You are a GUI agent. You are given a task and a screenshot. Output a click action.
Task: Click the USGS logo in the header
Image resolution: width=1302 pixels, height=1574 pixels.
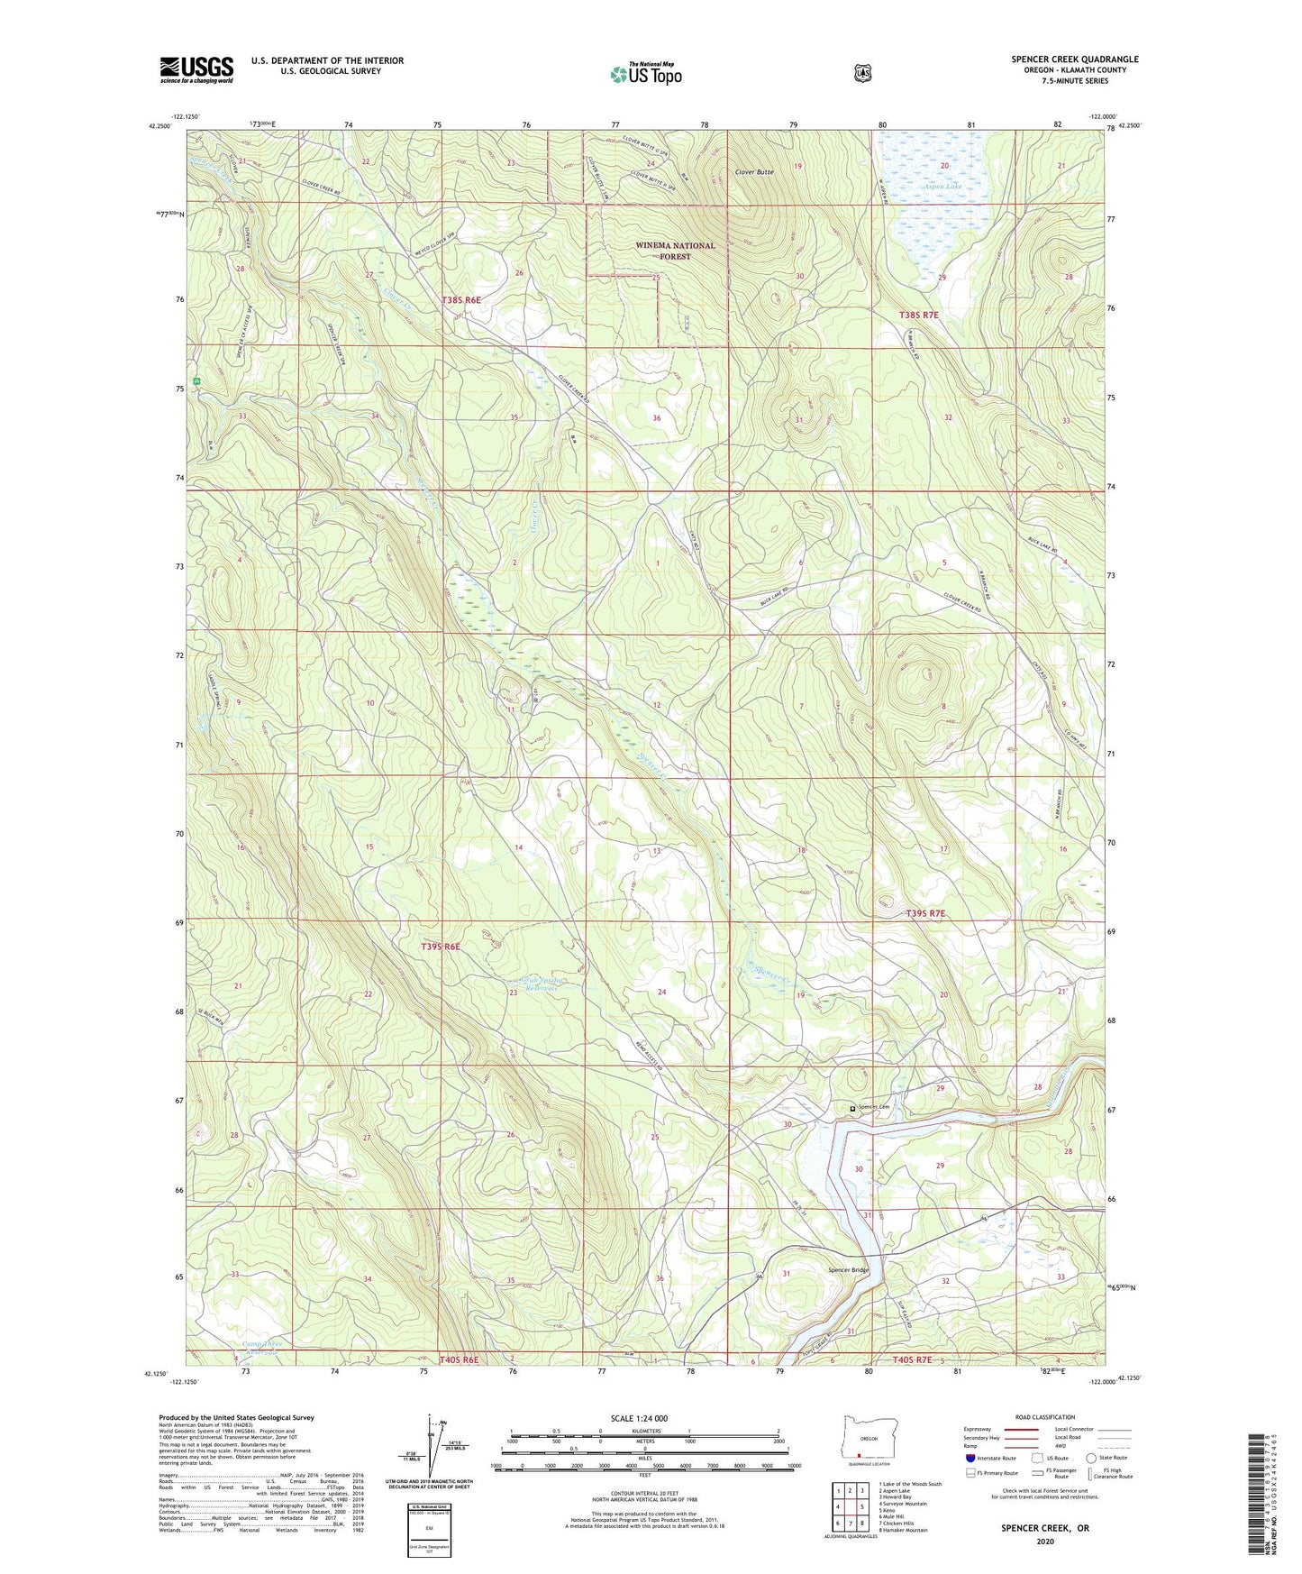[196, 69]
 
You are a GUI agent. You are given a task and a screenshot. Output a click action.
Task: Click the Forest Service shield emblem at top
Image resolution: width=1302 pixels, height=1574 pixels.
[862, 73]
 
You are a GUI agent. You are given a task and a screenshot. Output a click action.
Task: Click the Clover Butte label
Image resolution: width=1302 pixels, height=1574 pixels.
[753, 171]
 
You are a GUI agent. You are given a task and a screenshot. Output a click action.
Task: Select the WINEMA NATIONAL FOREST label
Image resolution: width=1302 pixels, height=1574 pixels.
[675, 251]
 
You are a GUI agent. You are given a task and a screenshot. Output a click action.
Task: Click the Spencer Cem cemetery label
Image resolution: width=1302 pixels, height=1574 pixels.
[872, 1107]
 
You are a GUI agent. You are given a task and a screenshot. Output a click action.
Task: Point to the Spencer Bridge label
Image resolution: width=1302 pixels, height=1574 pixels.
[848, 1270]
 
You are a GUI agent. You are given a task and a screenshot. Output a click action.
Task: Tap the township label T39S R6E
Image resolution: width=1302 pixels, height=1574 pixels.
[441, 947]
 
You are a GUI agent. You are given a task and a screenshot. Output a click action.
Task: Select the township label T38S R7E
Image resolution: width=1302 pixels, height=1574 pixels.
[919, 315]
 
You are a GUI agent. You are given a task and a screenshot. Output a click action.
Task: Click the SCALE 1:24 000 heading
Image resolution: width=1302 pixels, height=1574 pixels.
[639, 1418]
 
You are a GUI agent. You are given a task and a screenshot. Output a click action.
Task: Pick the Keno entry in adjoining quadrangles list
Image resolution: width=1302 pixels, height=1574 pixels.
[888, 1510]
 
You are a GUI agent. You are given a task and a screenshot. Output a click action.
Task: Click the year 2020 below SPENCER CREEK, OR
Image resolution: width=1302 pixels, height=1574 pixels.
[1045, 1541]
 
